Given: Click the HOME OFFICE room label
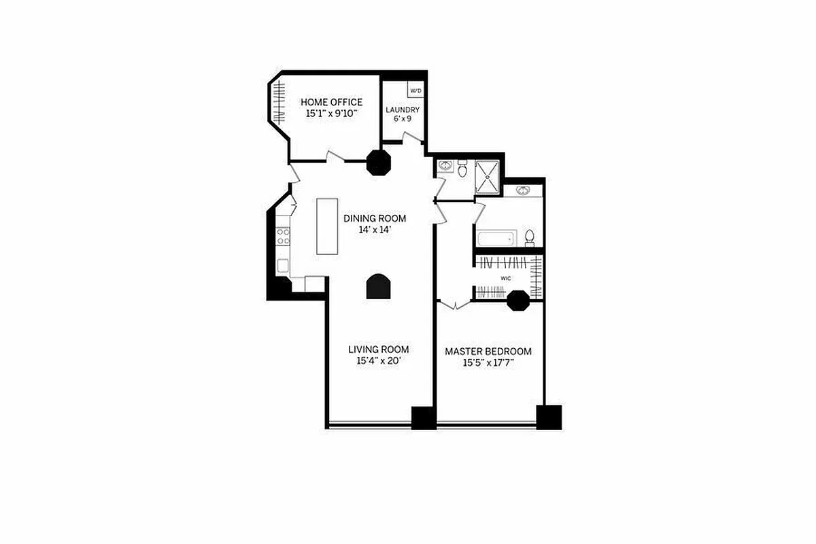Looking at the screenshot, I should tap(331, 103).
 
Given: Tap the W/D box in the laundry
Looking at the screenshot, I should tap(415, 90).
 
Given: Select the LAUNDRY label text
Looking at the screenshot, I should tap(403, 110).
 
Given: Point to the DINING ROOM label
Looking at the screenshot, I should tap(375, 218).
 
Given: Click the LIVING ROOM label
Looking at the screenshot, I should tap(379, 350).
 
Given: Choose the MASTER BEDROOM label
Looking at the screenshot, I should tap(488, 352).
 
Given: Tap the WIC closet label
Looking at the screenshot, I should tap(506, 279).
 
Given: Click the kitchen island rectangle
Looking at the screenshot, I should tap(328, 226).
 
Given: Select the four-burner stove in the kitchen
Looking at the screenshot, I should tap(283, 236).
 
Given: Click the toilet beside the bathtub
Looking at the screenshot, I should tap(530, 238).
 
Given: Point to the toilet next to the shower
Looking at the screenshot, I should tap(462, 168).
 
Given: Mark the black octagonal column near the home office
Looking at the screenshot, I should tap(378, 163).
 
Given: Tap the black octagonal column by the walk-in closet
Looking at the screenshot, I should tap(519, 301).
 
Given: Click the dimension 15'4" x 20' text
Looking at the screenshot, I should tap(379, 362).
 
